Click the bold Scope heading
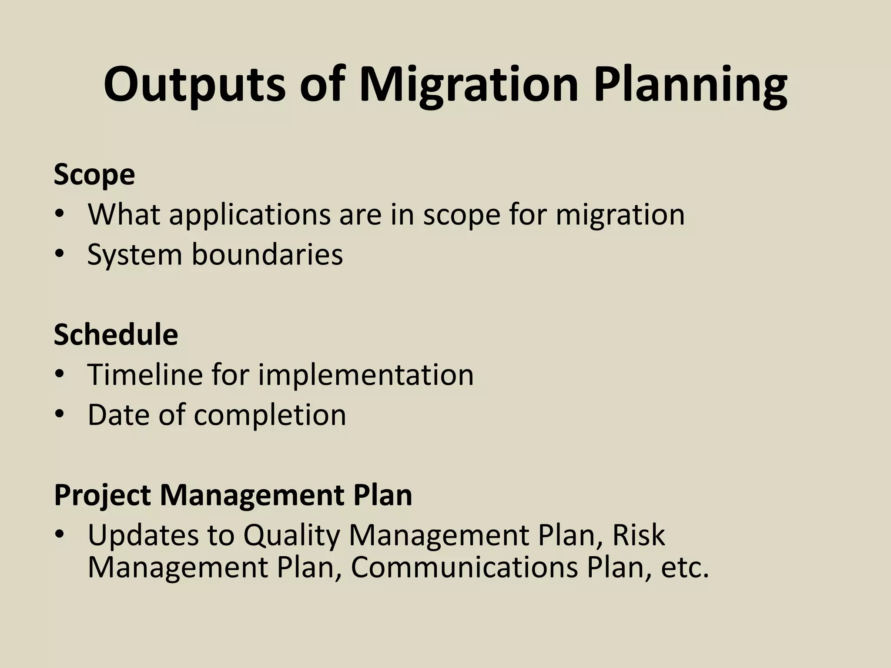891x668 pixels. (94, 175)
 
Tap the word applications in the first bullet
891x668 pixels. (250, 215)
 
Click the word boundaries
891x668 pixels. (267, 254)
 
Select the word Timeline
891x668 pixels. (145, 374)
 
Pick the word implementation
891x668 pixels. (365, 374)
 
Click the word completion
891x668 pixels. (270, 415)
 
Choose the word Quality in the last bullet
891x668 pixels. (291, 536)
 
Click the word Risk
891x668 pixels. (638, 535)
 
